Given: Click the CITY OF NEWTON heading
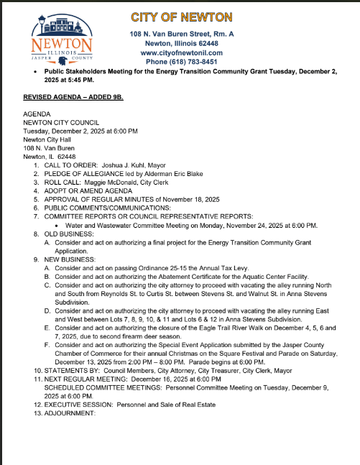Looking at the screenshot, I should tap(182, 17).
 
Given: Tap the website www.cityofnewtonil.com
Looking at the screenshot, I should tap(182, 52).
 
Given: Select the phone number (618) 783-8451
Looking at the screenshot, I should tap(195, 62).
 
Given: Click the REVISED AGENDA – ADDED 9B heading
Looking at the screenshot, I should tap(73, 96).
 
